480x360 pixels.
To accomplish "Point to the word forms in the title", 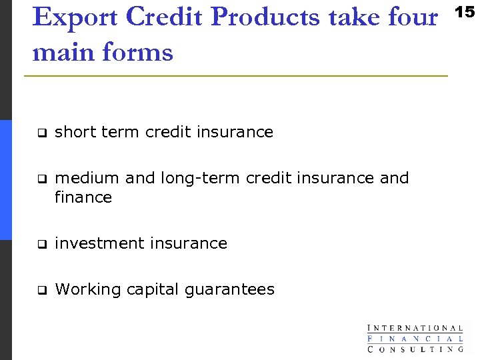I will click(x=140, y=52).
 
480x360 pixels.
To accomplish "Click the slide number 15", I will click(x=467, y=11).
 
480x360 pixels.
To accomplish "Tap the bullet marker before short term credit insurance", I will click(x=41, y=133).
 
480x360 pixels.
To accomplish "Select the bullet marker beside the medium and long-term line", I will click(x=41, y=179).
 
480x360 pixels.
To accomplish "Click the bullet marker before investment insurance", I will click(x=41, y=244).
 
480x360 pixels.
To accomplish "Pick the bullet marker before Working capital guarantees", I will click(x=41, y=290).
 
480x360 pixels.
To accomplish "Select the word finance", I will click(x=83, y=197).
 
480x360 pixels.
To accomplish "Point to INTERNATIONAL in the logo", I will click(x=415, y=328).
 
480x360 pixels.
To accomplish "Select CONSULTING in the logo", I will click(x=415, y=348).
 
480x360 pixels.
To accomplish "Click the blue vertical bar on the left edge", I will click(x=6, y=180).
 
